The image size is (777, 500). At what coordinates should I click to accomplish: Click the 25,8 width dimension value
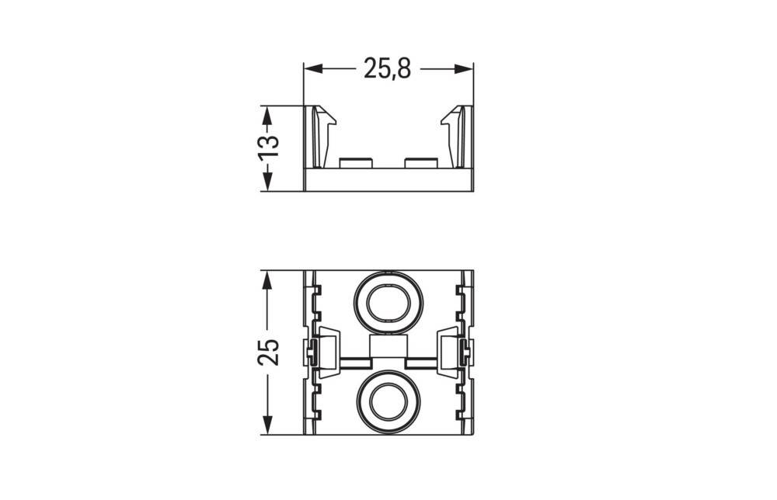(x=387, y=68)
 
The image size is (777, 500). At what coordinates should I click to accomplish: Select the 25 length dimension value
(x=269, y=352)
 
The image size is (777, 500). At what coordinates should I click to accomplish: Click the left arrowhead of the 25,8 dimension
(x=313, y=69)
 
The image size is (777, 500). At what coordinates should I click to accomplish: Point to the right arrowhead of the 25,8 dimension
(x=464, y=69)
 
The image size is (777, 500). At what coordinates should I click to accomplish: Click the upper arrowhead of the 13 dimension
(x=267, y=116)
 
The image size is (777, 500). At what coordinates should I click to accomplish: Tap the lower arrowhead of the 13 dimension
(x=267, y=181)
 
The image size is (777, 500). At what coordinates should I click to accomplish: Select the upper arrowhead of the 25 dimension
(x=267, y=281)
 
